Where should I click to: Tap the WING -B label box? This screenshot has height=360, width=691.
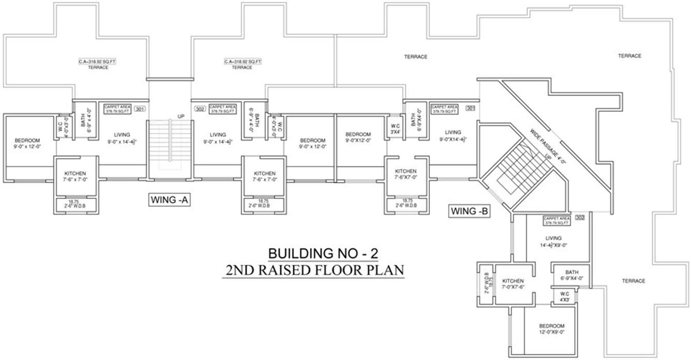pyautogui.click(x=470, y=211)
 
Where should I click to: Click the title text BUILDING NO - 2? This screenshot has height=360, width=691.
pyautogui.click(x=323, y=253)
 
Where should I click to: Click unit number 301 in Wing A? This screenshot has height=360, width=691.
pyautogui.click(x=140, y=109)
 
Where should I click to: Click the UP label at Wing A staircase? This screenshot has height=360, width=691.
pyautogui.click(x=181, y=116)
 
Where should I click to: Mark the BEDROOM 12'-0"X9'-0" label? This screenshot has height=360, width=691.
pyautogui.click(x=551, y=329)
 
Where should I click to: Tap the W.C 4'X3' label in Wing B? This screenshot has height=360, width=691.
pyautogui.click(x=563, y=296)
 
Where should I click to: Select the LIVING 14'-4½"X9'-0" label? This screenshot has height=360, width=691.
pyautogui.click(x=553, y=242)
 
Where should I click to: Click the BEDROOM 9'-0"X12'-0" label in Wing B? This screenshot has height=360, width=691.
pyautogui.click(x=358, y=137)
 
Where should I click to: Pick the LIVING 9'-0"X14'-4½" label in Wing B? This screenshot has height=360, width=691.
pyautogui.click(x=453, y=136)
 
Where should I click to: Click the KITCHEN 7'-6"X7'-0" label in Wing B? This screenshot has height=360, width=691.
pyautogui.click(x=406, y=174)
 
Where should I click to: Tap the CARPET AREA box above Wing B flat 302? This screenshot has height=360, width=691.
pyautogui.click(x=557, y=221)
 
